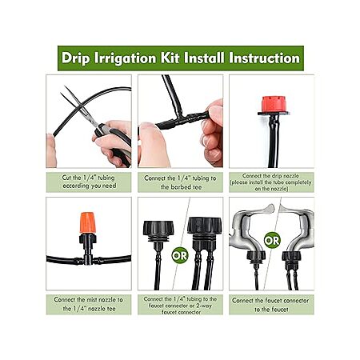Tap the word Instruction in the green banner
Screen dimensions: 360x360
coord(264,58)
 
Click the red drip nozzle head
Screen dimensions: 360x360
coord(273,104)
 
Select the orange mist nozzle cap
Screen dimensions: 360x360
coord(88,222)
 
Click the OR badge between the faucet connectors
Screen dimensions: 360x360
coord(180,256)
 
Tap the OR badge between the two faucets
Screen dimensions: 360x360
coord(272,240)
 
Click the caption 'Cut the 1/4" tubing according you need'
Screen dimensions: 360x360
coord(89,182)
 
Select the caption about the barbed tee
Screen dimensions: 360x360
coord(180,182)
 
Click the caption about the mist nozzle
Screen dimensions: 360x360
coord(89,304)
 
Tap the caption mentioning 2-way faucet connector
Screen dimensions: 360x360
coord(180,306)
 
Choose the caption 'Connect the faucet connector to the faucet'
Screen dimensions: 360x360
coord(271,305)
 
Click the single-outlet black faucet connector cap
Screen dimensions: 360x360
coord(158,230)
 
